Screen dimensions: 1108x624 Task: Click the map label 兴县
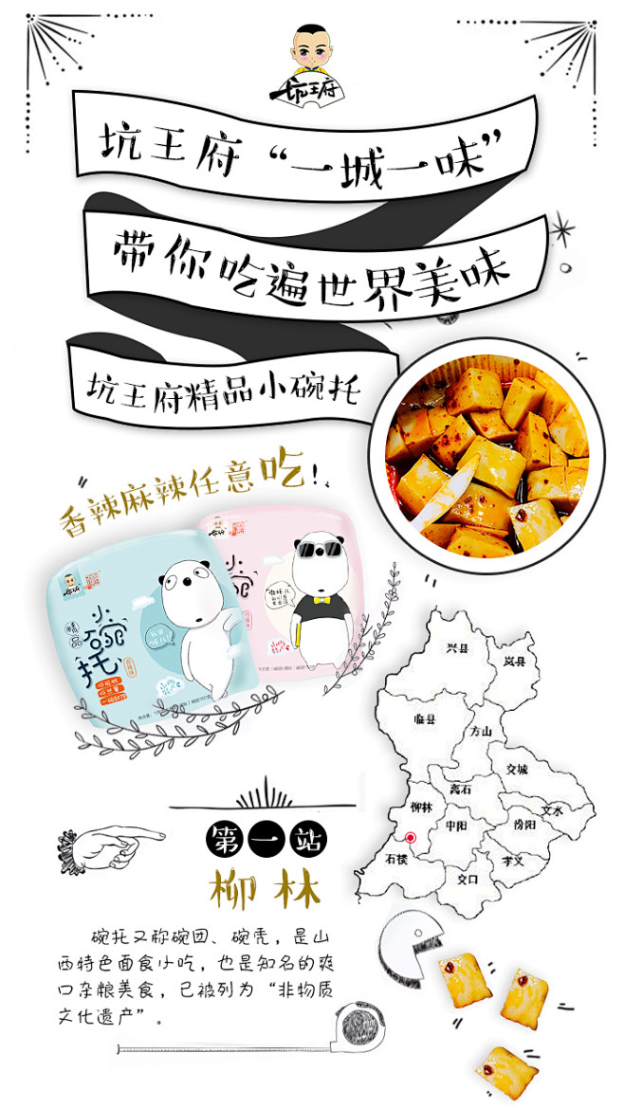tap(457, 648)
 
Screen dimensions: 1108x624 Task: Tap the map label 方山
tap(481, 731)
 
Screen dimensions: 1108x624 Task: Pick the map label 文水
tap(552, 811)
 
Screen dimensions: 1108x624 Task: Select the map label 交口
tap(468, 879)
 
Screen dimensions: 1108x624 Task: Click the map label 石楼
tap(396, 860)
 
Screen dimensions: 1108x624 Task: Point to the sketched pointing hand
tap(118, 838)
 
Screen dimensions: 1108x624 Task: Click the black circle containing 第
tap(226, 838)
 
